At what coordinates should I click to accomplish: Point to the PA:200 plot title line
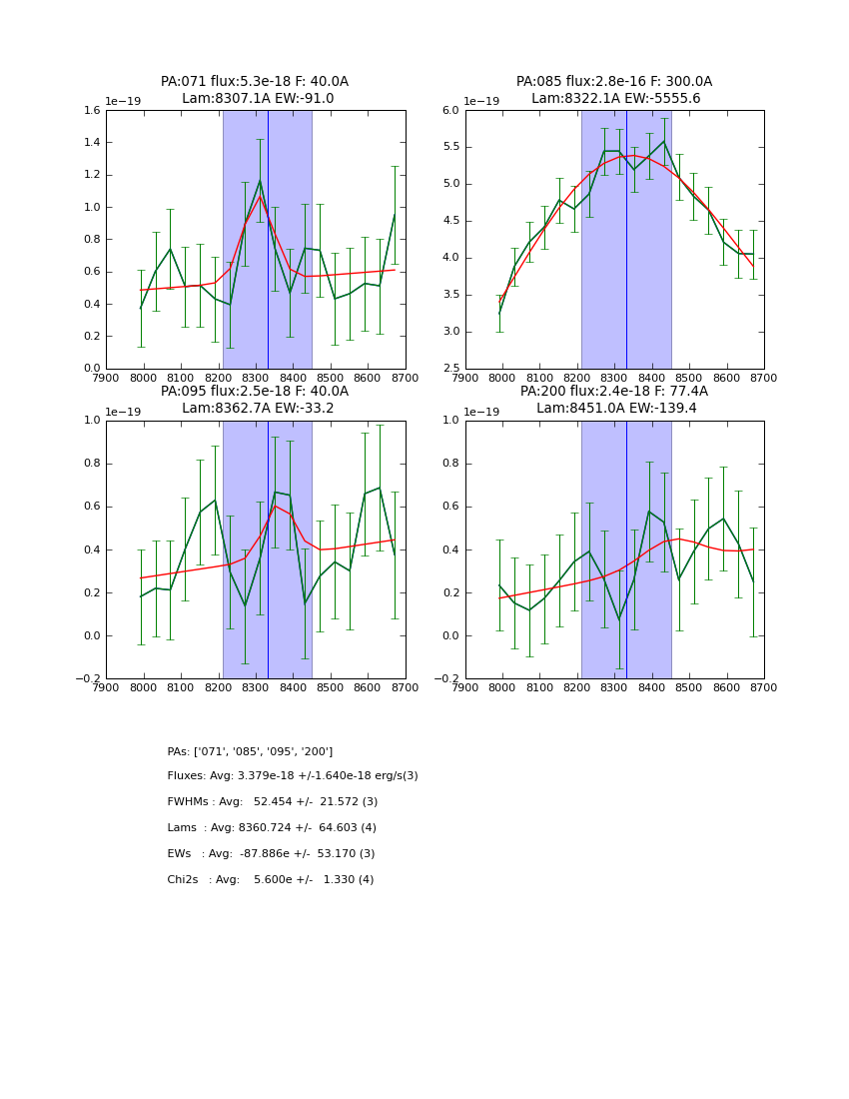pos(613,392)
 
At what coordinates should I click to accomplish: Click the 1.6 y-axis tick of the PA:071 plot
pos(90,111)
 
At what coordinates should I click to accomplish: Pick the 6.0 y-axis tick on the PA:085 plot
pos(449,111)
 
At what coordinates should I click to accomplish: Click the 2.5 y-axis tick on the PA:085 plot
pos(449,369)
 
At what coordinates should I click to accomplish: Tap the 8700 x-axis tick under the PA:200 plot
pos(764,687)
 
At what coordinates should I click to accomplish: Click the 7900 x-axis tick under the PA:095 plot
pos(106,687)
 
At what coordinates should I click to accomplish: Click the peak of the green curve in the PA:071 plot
pos(260,181)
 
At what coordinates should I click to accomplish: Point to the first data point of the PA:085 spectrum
pos(499,313)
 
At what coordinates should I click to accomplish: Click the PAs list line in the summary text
pos(250,751)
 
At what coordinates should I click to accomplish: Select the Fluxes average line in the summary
pos(293,776)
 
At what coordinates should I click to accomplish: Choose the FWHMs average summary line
pos(273,802)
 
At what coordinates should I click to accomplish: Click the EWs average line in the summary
pos(271,854)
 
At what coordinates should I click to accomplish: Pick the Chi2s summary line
pos(271,880)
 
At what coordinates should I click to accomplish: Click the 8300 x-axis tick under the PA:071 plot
pos(256,378)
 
